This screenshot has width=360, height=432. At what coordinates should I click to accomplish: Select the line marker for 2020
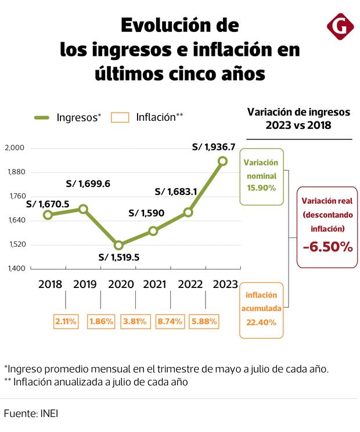pos(118,246)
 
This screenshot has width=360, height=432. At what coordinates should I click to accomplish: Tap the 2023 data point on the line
pos(222,161)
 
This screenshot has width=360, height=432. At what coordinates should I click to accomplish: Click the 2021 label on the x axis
pos(153,285)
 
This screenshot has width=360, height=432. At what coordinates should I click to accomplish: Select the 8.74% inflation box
pos(171,321)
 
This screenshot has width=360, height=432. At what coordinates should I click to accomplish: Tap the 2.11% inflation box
pos(66,321)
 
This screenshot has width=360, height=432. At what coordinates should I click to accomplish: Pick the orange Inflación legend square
pos(120,117)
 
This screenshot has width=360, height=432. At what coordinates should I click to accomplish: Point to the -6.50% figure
pos(327,247)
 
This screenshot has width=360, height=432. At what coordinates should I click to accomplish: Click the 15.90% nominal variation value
pos(261,188)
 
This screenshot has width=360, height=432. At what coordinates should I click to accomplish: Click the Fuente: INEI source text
pos(31,413)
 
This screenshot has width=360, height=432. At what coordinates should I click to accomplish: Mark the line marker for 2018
pos(48,215)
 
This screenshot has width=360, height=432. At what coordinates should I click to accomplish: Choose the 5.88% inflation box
pos(206,321)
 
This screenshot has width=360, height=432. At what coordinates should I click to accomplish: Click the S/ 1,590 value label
pos(146,213)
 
